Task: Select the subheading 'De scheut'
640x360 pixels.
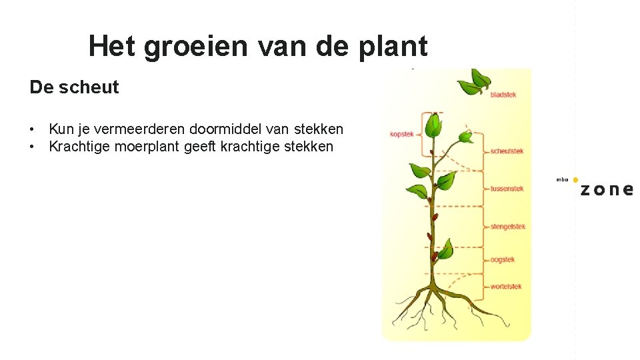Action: click(74, 87)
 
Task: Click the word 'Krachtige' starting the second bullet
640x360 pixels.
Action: click(79, 147)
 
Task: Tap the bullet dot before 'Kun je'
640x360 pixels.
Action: click(32, 129)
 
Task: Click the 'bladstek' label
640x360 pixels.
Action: click(503, 95)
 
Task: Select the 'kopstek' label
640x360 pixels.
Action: click(401, 134)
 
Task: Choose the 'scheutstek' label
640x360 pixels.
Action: click(507, 151)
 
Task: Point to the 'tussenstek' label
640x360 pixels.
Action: click(507, 189)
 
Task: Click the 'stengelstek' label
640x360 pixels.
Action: click(508, 227)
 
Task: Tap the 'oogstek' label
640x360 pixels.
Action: click(503, 259)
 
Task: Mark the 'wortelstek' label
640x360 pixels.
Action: click(506, 287)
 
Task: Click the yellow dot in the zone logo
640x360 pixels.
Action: click(575, 180)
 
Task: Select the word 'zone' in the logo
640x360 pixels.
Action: click(606, 189)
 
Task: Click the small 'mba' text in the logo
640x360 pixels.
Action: click(562, 180)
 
